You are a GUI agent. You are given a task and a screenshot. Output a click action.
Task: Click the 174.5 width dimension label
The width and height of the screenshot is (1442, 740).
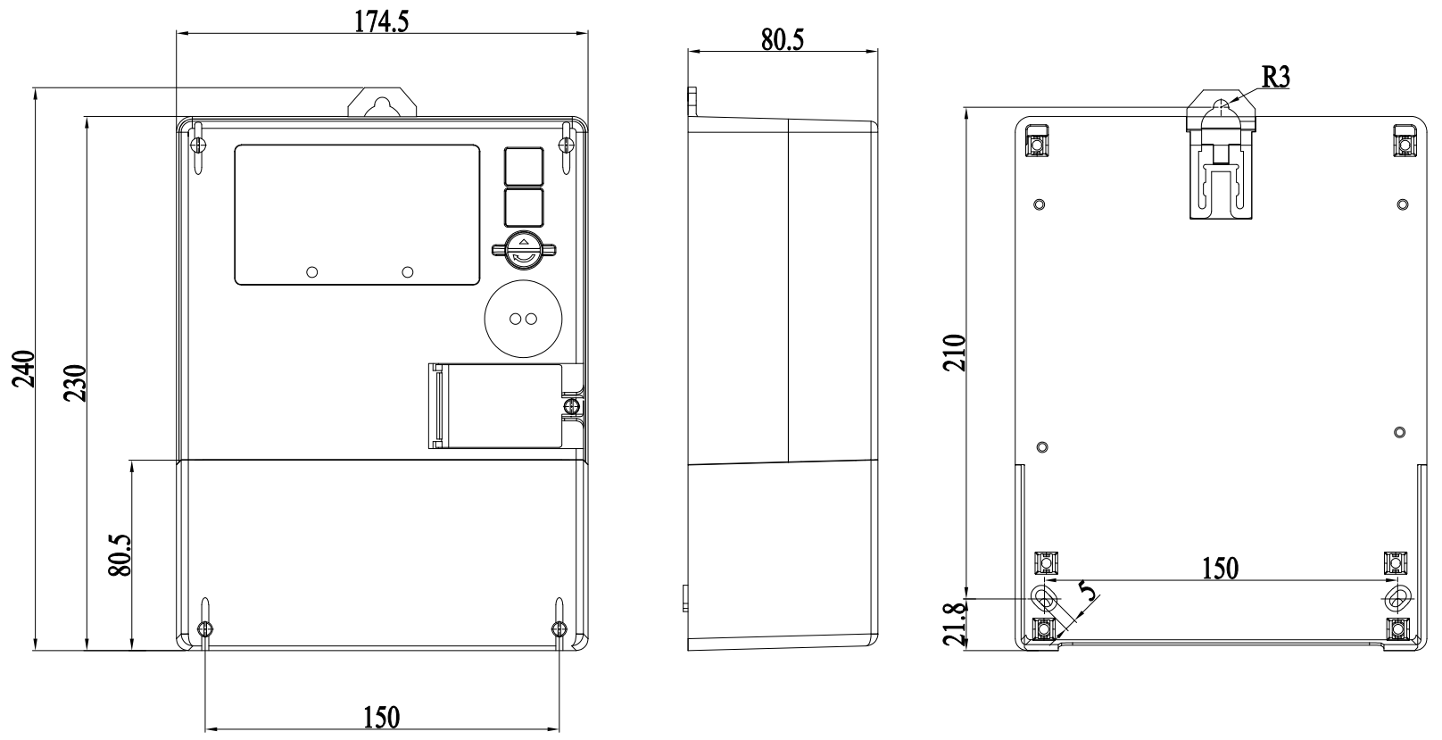tap(381, 22)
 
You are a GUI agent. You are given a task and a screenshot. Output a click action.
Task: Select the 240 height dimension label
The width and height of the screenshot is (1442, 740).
tap(24, 369)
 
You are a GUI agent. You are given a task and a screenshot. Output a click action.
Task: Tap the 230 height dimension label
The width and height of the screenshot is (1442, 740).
tap(75, 383)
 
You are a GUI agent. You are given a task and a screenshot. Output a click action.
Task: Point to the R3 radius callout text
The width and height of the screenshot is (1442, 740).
tap(1275, 78)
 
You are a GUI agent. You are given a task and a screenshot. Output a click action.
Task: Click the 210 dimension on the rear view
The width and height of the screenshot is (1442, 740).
tap(955, 353)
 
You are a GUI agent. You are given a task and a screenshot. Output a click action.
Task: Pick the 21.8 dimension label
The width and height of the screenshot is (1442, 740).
tap(955, 624)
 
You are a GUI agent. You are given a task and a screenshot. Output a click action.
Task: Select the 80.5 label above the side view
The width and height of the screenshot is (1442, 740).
tap(783, 40)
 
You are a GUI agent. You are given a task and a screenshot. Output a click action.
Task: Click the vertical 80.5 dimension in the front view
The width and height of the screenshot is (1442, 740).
tap(120, 555)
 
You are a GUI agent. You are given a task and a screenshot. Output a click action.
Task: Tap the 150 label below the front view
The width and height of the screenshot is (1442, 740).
tap(381, 718)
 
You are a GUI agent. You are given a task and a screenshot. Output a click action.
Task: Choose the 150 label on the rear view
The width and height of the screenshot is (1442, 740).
tap(1220, 569)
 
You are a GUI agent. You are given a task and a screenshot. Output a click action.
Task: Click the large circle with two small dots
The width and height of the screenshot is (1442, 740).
tap(524, 319)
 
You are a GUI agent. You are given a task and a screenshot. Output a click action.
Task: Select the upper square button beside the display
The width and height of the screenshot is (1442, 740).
tap(524, 167)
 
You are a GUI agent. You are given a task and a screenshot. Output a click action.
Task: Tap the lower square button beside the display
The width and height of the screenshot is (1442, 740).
tap(524, 208)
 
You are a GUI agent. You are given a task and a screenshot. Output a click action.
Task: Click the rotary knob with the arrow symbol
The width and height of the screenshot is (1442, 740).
tap(524, 251)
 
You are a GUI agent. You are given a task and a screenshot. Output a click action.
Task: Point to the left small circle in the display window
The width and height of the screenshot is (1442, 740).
tap(312, 272)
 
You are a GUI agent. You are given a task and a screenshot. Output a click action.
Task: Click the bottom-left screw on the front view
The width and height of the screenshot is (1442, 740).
tap(204, 628)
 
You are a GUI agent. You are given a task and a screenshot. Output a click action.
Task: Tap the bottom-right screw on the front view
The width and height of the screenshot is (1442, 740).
tap(559, 628)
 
